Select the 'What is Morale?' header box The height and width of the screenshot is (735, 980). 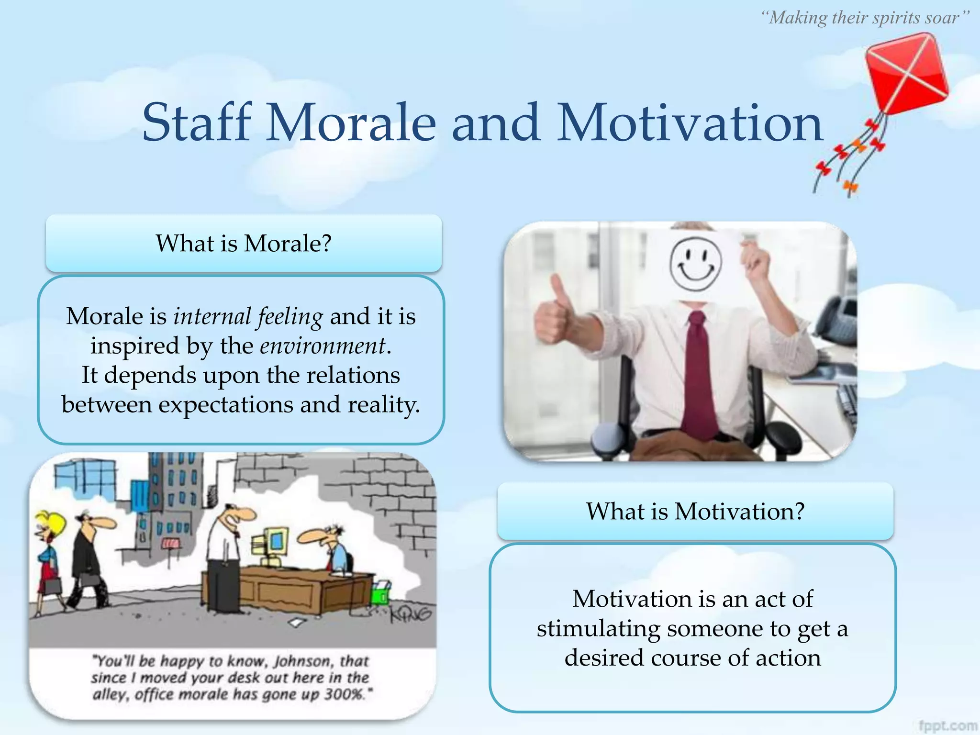243,243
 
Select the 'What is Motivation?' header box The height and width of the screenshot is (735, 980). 695,511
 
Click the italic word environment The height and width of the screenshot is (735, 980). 323,345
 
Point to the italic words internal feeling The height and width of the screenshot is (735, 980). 248,316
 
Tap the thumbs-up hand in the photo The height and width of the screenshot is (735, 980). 555,311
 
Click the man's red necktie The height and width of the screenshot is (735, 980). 700,373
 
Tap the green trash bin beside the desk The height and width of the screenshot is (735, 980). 381,593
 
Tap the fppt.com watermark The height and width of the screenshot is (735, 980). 947,725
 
